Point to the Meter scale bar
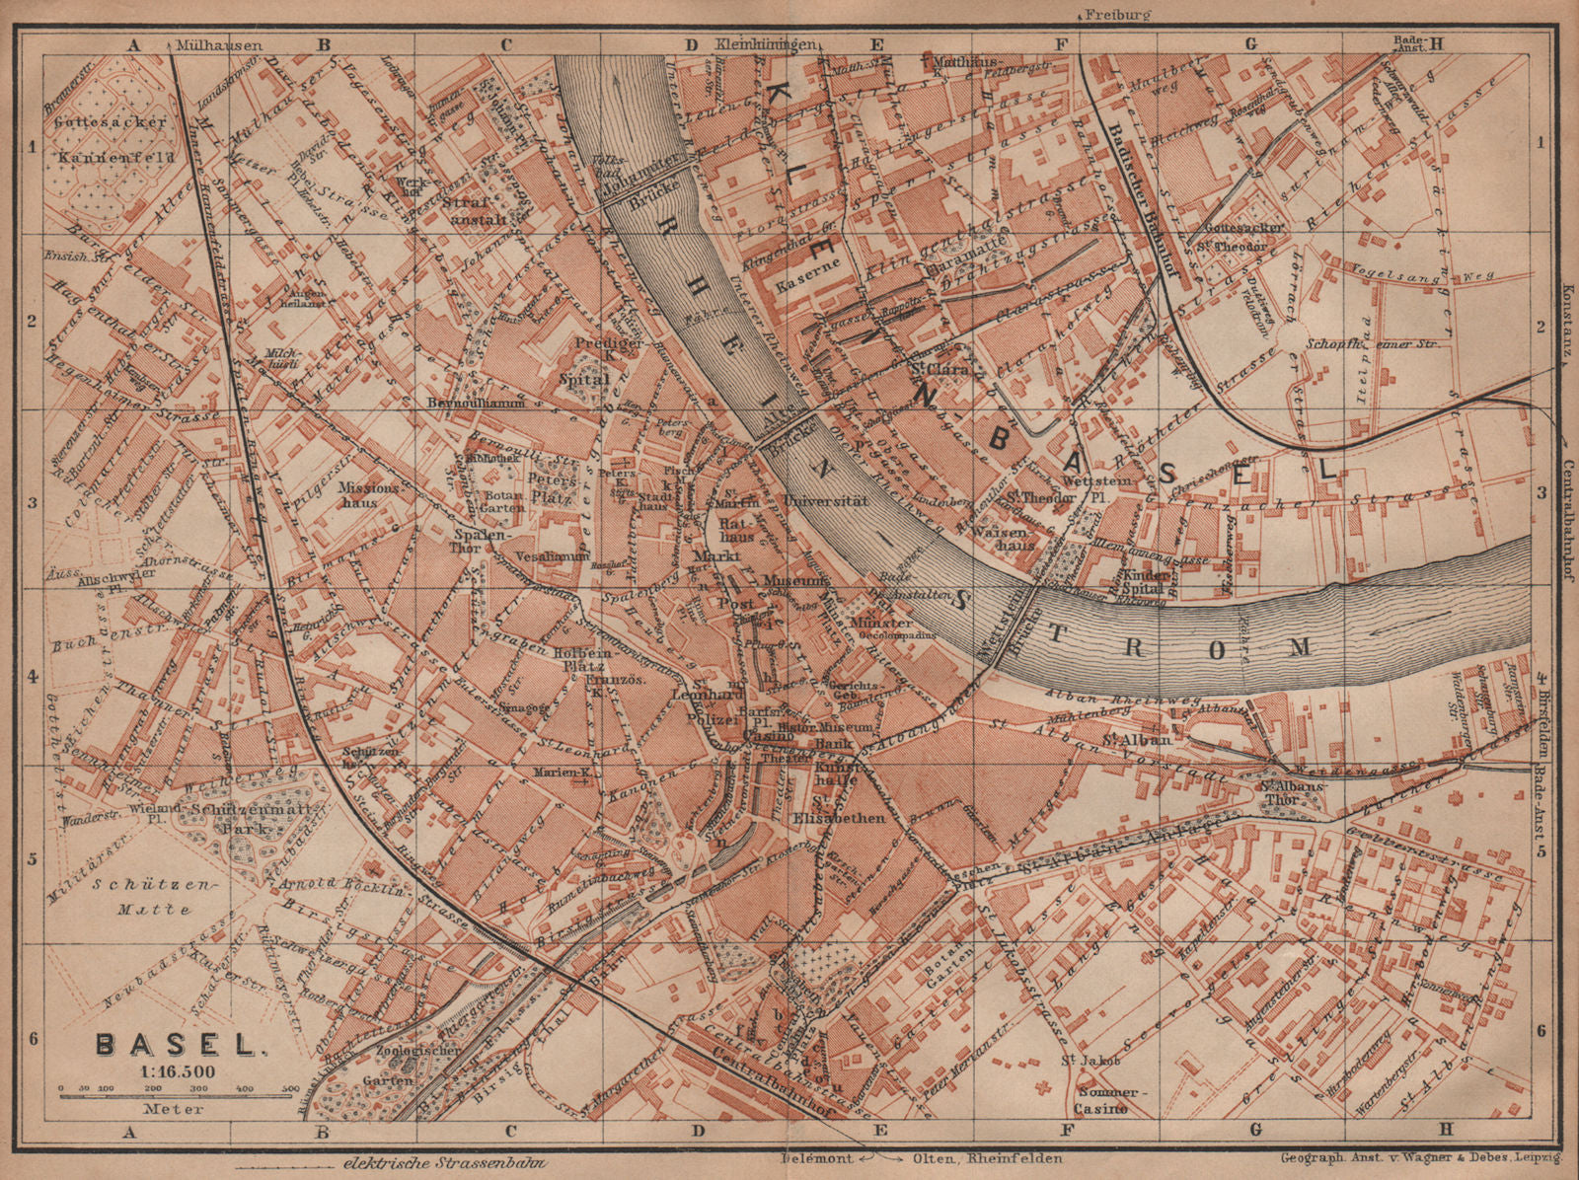pyautogui.click(x=179, y=1091)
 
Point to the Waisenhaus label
pyautogui.click(x=1004, y=530)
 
